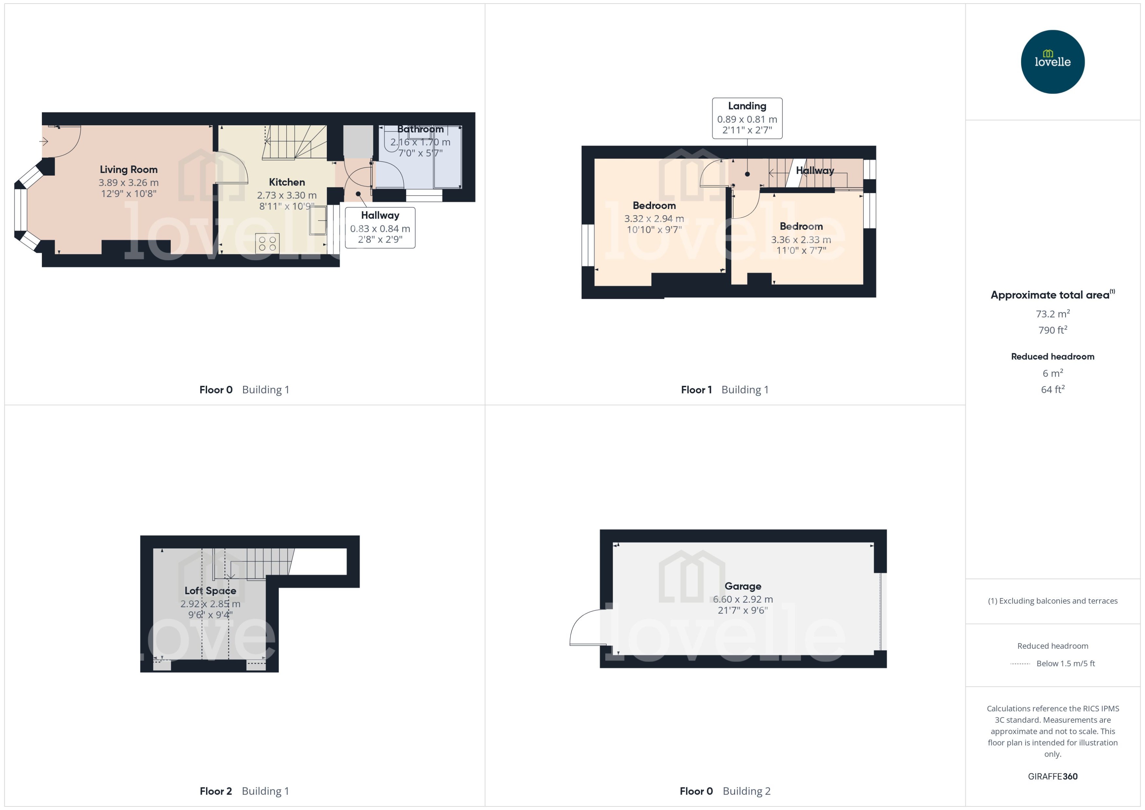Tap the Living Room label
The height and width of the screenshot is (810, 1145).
[x=129, y=170]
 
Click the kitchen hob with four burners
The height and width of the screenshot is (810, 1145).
[x=267, y=243]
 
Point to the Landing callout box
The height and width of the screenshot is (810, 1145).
[x=747, y=118]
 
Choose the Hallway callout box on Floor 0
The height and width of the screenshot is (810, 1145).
[x=380, y=228]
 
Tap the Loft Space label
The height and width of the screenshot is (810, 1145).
[x=210, y=591]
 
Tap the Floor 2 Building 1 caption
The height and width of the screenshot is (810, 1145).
[x=244, y=791]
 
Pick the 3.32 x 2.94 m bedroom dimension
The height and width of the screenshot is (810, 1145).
[x=654, y=218]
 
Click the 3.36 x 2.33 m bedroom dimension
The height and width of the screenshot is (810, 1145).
[x=801, y=239]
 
